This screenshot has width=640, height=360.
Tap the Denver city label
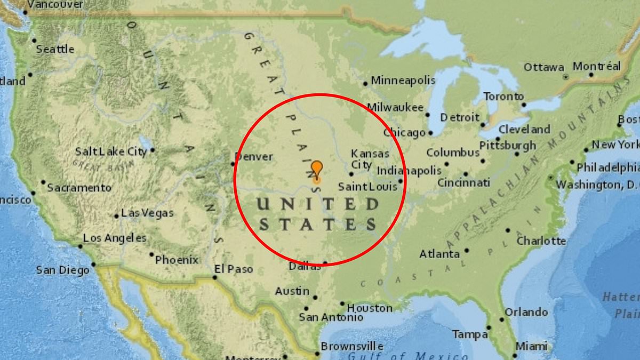[254, 157]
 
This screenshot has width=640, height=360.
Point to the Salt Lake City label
[111, 151]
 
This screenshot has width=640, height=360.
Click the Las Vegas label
[147, 213]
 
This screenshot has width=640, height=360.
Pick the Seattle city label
[55, 49]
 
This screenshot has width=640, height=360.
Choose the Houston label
[370, 308]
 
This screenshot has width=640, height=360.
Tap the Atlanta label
[439, 254]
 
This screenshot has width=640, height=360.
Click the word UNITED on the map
[317, 204]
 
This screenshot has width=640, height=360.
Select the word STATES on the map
[317, 223]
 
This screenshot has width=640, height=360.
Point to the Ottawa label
[543, 67]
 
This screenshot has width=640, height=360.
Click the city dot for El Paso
[214, 277]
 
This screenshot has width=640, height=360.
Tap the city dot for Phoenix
[151, 254]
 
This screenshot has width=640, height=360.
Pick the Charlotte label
[541, 241]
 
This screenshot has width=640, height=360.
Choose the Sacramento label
[79, 188]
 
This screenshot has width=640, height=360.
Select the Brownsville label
[352, 346]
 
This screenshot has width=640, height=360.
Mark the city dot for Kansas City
[351, 174]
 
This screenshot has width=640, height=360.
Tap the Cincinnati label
[463, 183]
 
